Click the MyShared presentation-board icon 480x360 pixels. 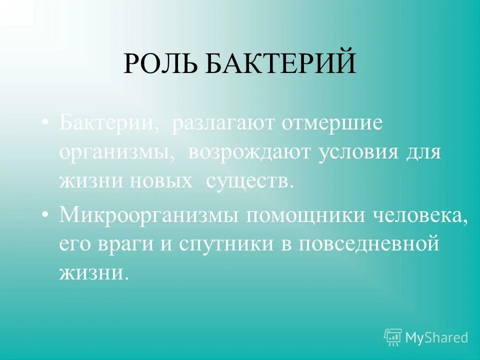click(393, 337)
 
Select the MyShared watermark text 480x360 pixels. click(436, 337)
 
